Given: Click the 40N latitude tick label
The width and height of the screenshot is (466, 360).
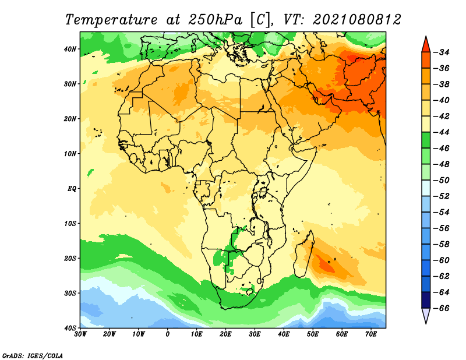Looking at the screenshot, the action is (x=70, y=49).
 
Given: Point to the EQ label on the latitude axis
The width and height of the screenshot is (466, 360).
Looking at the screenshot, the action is (x=72, y=189).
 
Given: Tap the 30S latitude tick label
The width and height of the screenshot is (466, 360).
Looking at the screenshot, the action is (x=70, y=294).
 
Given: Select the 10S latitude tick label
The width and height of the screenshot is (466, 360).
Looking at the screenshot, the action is (x=70, y=224).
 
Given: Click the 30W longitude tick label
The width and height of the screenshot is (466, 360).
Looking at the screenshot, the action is (x=80, y=334).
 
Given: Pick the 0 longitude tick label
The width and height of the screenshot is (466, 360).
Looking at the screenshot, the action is (x=168, y=334).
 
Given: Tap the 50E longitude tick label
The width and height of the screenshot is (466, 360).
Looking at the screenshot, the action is (x=313, y=334).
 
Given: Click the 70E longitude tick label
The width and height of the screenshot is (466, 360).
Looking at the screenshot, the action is (x=370, y=334).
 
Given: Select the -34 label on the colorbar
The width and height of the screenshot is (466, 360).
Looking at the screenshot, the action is (x=442, y=52).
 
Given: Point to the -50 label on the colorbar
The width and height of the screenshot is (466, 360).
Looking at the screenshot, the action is (x=442, y=181).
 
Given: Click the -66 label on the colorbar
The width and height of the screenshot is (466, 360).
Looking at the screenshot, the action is (x=442, y=308).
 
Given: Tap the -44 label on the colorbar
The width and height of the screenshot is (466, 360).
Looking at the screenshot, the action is (x=442, y=133).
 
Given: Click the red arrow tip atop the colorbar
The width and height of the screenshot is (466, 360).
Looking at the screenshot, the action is (x=426, y=37).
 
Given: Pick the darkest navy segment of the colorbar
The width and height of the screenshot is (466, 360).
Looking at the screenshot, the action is (x=426, y=300).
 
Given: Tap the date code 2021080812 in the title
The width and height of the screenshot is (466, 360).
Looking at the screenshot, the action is (x=356, y=20).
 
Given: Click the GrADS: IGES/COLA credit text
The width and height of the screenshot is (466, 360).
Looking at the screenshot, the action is (x=33, y=356).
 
